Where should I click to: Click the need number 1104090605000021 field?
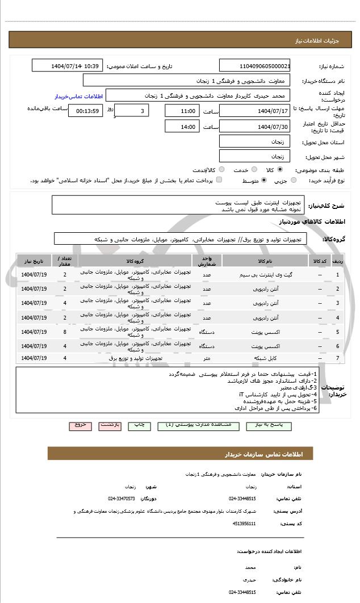click(x=255, y=66)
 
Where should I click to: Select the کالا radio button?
click(x=280, y=169)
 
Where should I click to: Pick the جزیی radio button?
click(x=293, y=181)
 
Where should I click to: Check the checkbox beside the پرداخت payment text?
click(x=219, y=181)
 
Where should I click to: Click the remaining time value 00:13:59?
click(x=85, y=111)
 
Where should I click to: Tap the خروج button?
click(x=79, y=425)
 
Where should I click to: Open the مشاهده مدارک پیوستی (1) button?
click(x=194, y=425)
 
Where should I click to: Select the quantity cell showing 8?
click(x=65, y=332)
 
